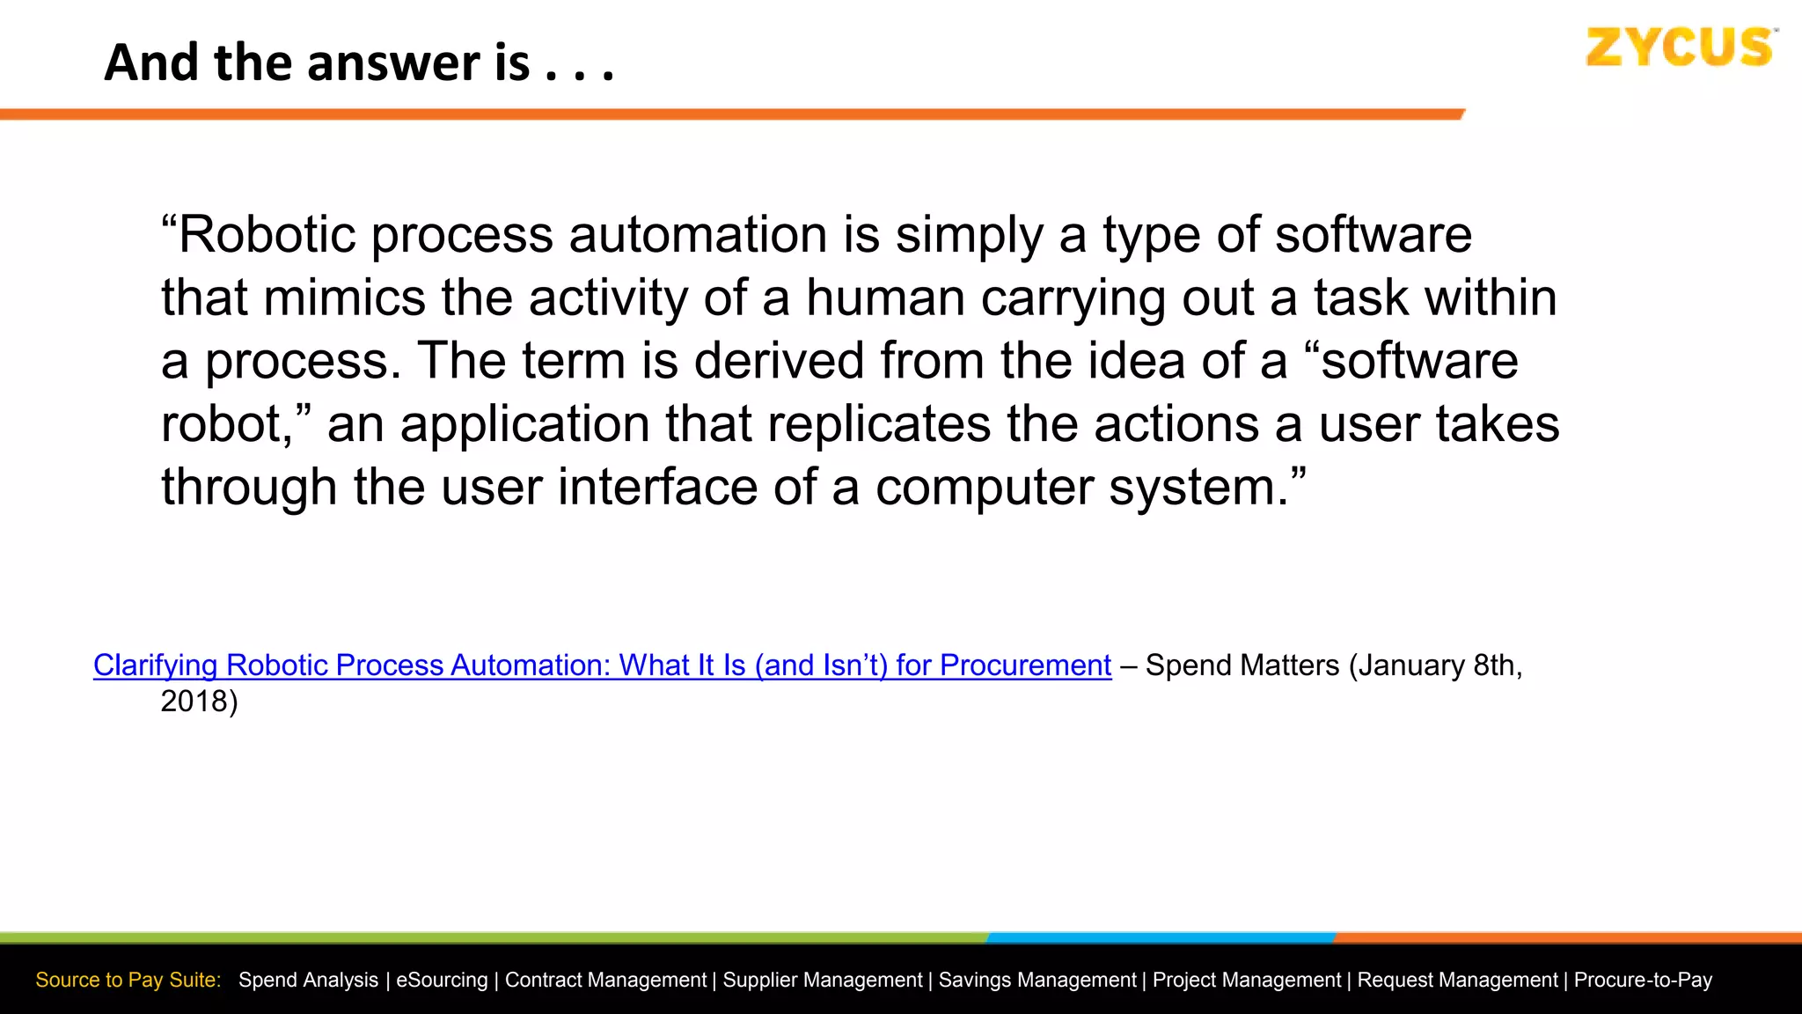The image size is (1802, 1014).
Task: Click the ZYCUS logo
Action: (x=1680, y=48)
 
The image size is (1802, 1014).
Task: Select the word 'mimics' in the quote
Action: (x=344, y=298)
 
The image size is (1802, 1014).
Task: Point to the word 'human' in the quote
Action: (x=886, y=298)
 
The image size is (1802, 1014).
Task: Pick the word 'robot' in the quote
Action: (x=222, y=424)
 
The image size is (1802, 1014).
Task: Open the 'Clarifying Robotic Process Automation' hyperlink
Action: (x=602, y=665)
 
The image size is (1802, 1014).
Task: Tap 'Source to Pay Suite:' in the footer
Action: (x=128, y=980)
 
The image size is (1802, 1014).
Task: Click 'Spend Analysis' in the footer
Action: (x=308, y=980)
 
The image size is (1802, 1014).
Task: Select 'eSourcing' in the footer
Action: (x=442, y=980)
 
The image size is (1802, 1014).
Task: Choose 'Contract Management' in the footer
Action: (x=605, y=980)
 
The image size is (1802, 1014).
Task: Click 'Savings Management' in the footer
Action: (x=1037, y=980)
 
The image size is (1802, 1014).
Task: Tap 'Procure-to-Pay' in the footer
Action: (x=1643, y=980)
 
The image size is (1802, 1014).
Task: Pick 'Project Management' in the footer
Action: (x=1247, y=980)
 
